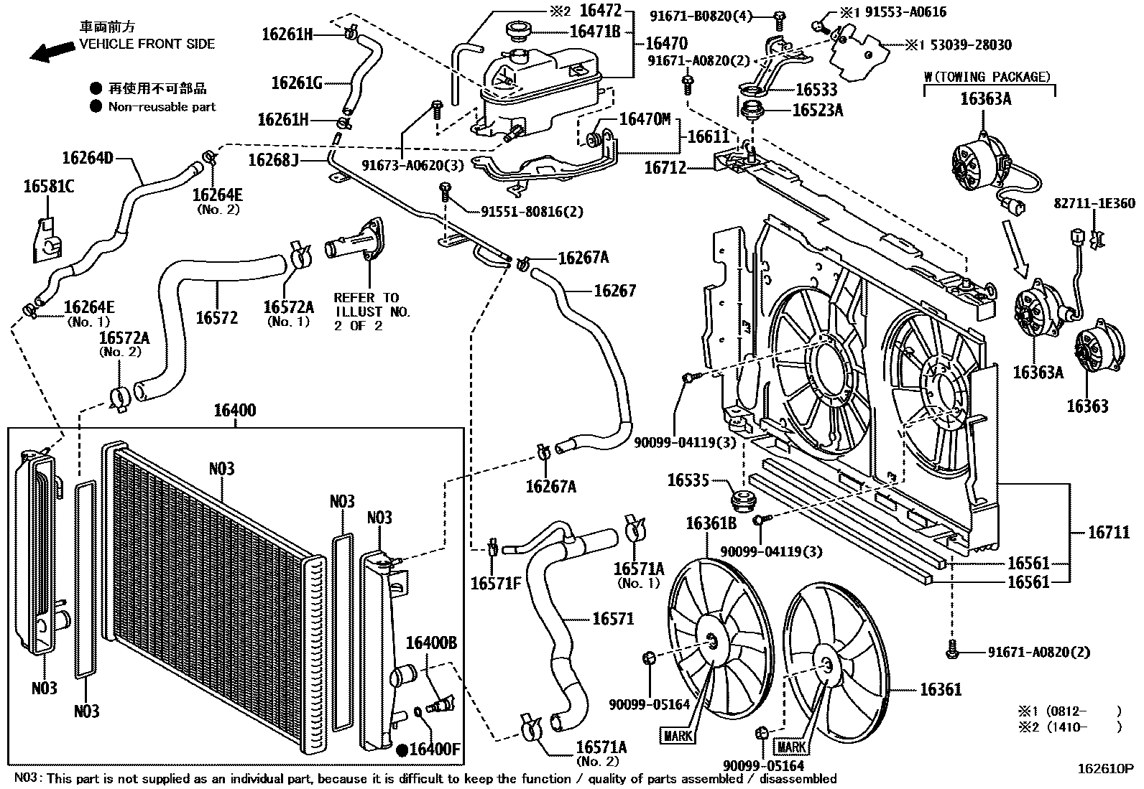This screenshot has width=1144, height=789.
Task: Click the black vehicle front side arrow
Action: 52,51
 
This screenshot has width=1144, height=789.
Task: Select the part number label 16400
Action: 234,411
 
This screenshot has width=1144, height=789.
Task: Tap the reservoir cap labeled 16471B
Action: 516,33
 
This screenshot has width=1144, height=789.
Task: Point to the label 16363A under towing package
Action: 985,99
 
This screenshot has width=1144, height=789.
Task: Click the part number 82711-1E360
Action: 1095,204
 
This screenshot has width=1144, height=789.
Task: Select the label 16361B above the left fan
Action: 711,524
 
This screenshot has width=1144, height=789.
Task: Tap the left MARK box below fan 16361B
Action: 678,736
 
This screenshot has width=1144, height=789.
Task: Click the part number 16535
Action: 688,480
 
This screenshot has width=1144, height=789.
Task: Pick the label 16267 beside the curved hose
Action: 614,291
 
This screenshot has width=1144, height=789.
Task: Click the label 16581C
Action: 48,188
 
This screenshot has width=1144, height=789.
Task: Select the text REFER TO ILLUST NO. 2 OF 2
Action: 372,311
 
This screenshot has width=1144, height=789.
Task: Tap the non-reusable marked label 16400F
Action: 433,750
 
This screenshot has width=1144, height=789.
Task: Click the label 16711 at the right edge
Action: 1109,532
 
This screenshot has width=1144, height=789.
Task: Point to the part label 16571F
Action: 495,584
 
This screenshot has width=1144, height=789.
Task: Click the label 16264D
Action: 88,158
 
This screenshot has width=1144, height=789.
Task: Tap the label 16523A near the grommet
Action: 818,110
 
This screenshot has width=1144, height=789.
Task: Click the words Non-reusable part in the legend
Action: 161,107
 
